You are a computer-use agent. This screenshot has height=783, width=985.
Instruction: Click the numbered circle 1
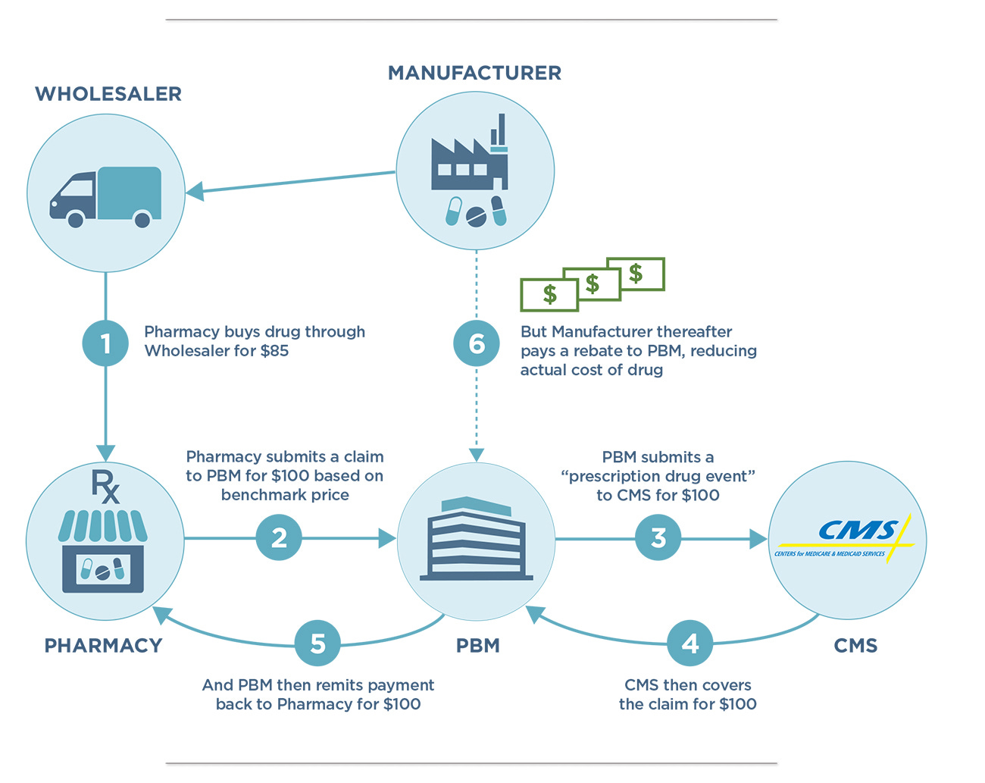105,343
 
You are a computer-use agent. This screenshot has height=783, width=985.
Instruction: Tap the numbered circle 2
280,538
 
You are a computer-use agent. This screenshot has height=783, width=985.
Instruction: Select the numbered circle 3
658,538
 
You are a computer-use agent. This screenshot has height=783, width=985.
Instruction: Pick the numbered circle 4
690,644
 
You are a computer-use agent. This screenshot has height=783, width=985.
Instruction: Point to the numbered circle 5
317,644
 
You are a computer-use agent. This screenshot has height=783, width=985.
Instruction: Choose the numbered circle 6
477,343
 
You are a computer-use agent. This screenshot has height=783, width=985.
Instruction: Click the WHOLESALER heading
108,94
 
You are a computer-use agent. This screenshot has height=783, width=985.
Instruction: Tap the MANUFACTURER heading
475,73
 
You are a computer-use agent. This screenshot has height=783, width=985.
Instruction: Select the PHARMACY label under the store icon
104,646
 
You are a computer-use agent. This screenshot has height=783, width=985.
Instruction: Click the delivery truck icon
106,196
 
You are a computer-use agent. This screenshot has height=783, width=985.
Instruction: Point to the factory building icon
468,160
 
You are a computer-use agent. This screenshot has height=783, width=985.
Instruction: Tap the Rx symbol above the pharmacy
105,487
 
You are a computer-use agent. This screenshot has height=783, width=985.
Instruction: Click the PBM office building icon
476,540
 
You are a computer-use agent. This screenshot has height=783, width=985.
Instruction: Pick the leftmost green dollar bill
549,295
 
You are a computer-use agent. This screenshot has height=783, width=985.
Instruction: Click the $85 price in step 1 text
272,351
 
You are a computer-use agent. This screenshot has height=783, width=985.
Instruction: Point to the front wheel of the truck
76,220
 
